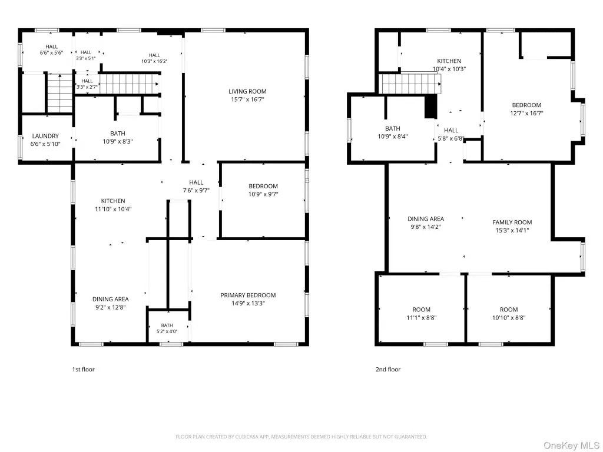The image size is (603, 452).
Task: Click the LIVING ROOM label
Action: [x=247, y=91]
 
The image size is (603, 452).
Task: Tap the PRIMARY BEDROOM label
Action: [x=248, y=295]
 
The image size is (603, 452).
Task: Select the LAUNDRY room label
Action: [x=45, y=136]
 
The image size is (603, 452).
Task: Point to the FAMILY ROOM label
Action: [x=512, y=222]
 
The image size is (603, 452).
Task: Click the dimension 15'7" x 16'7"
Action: [x=247, y=99]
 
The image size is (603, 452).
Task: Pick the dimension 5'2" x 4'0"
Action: [x=167, y=331]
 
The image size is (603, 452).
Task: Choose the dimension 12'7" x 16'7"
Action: [x=526, y=114]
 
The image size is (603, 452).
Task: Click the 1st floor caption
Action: [x=84, y=370]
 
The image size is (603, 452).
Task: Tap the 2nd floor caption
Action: [x=388, y=370]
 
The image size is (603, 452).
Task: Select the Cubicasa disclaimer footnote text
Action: [x=301, y=437]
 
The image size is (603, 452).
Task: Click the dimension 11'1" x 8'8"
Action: [x=422, y=318]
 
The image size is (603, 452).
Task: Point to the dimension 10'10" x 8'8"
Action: [x=509, y=318]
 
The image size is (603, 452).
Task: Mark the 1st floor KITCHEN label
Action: [x=113, y=201]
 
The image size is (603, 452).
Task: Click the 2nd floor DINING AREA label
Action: [x=426, y=219]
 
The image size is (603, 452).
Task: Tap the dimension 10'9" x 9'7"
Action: [x=263, y=194]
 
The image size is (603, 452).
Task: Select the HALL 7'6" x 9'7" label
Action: [x=196, y=187]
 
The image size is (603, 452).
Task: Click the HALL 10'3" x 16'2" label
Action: [x=154, y=58]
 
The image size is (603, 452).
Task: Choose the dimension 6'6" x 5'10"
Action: [x=45, y=144]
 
